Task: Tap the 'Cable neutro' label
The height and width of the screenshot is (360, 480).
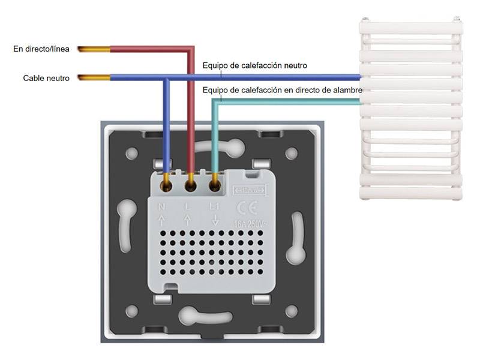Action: click(46, 78)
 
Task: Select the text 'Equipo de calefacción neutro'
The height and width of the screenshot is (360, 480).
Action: click(255, 65)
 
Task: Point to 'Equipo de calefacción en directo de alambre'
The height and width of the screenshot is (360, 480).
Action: click(283, 90)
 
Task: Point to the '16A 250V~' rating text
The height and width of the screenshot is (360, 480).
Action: click(251, 224)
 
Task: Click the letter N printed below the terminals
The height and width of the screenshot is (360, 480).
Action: click(161, 208)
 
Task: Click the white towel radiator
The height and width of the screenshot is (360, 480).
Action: click(411, 111)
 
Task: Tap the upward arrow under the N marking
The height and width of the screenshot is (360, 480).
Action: click(161, 220)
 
